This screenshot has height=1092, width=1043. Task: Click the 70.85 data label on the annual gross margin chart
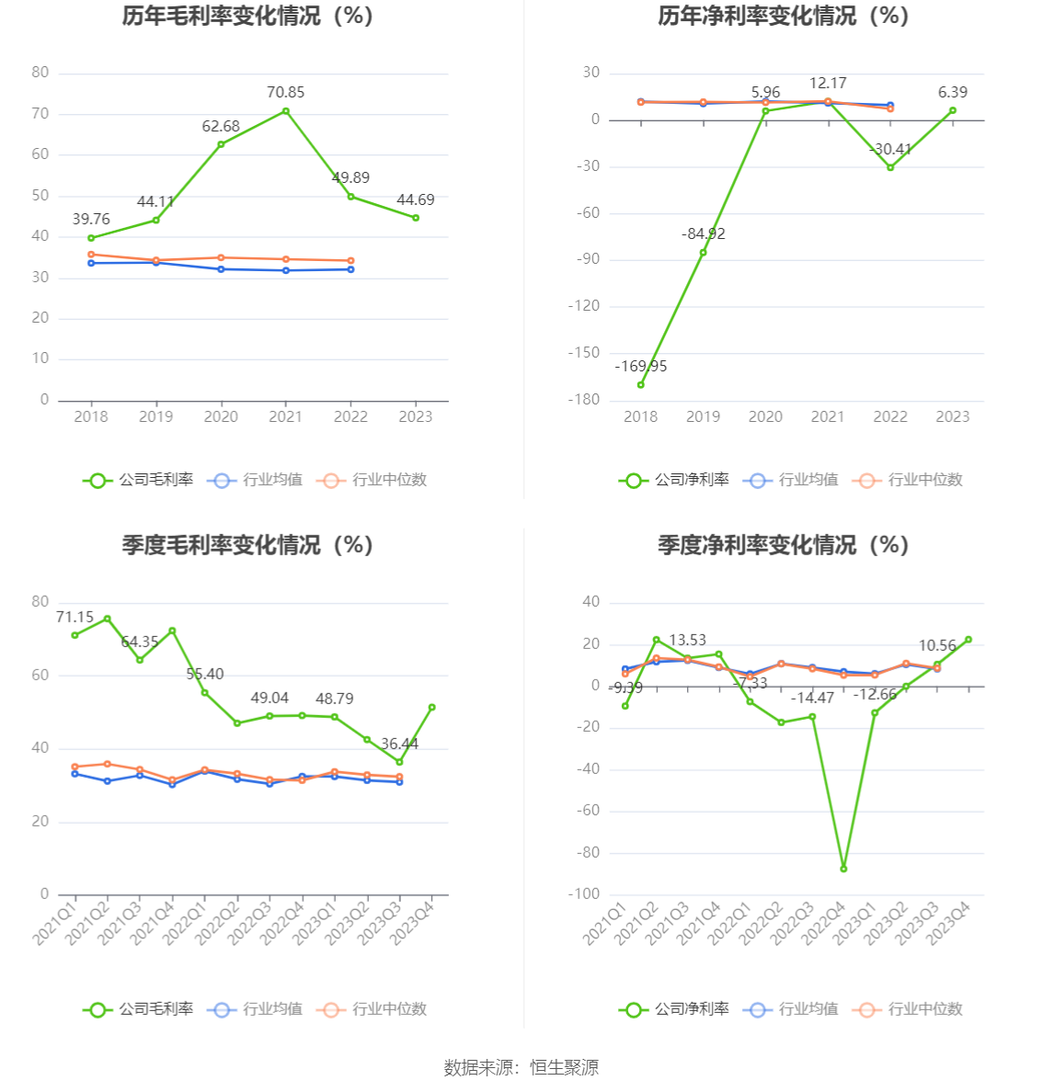tap(285, 92)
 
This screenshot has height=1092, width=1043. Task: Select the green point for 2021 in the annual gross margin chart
tap(286, 111)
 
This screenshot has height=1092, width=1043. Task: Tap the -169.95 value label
tap(641, 366)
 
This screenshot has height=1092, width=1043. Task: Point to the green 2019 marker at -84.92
tap(704, 252)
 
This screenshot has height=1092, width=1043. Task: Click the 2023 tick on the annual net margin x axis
tap(953, 416)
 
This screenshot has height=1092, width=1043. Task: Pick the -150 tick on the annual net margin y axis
tap(583, 353)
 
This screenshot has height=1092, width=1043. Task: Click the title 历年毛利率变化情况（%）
tap(247, 16)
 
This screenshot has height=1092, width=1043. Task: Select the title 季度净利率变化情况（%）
tap(783, 545)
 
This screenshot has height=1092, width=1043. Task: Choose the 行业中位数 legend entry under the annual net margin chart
tap(909, 479)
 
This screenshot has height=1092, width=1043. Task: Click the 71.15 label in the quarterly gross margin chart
tap(74, 617)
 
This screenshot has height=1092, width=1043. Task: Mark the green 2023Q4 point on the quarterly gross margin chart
tap(432, 707)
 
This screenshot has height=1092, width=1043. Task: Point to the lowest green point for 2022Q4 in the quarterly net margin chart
tap(843, 869)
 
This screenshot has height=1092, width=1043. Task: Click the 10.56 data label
tap(937, 645)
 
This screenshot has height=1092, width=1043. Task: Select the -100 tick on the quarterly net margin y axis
tap(585, 894)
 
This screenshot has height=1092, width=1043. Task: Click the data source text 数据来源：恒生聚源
tap(521, 1067)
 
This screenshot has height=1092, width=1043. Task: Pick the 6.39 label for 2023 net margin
tap(953, 92)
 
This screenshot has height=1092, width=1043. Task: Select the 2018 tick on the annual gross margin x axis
tap(91, 416)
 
